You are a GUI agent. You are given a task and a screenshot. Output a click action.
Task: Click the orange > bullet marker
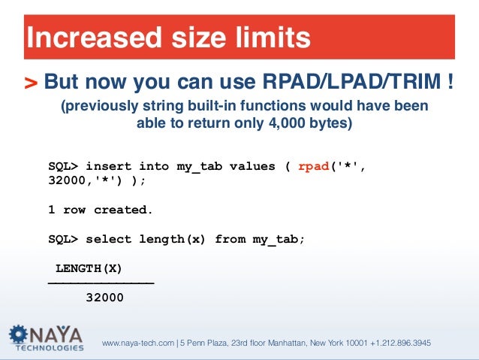coord(31,81)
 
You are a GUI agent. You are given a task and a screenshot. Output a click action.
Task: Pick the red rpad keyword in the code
coord(313,166)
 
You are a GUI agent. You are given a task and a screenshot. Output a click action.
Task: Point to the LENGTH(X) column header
coord(89,268)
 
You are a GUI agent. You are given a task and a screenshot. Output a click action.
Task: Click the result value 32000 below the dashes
coord(104,298)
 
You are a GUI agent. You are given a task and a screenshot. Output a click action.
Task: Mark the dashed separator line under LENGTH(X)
coord(101,282)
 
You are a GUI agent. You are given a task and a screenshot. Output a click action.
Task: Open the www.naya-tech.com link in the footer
coord(137,343)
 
